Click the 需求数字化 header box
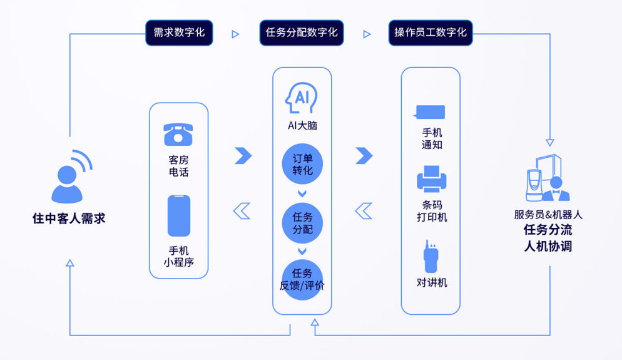179,33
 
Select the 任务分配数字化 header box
302,33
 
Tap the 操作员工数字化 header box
431,33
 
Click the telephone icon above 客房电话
178,134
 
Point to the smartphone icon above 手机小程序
179,215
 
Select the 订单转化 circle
302,164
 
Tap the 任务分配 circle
302,223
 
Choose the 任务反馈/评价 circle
302,279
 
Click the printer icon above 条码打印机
432,178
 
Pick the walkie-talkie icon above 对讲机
431,256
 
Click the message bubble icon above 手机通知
429,112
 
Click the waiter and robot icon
548,178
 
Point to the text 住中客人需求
69,219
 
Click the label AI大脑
302,125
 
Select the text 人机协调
548,246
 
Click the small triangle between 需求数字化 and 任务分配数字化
236,34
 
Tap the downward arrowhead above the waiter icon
550,143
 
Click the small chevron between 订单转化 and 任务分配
302,193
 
